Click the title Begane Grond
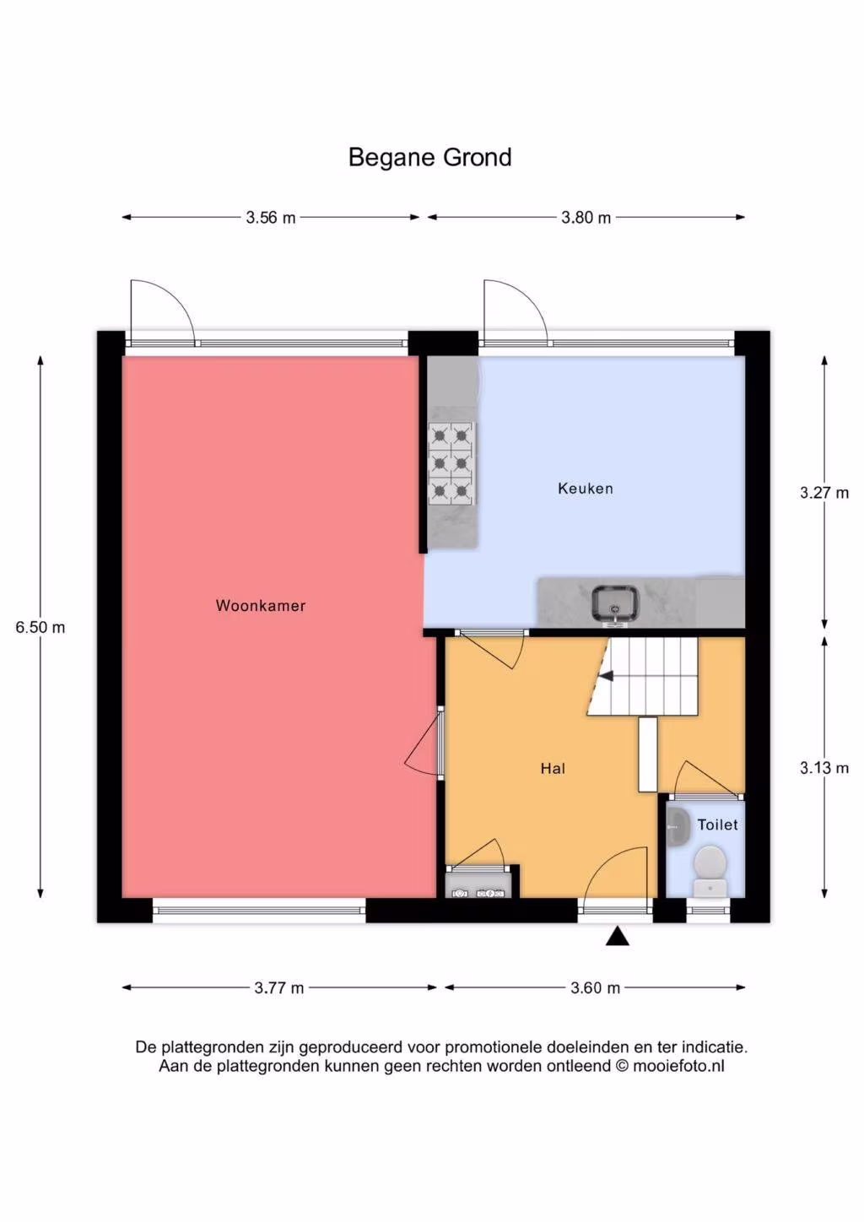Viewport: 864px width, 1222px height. pyautogui.click(x=429, y=158)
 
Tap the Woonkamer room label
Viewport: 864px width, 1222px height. pyautogui.click(x=261, y=606)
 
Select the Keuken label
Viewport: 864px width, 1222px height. pyautogui.click(x=586, y=489)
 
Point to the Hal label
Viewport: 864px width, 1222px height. pyautogui.click(x=553, y=769)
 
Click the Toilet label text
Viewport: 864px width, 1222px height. pyautogui.click(x=717, y=825)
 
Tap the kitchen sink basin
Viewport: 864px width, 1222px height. pyautogui.click(x=615, y=603)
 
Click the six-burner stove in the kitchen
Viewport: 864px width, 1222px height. pyautogui.click(x=451, y=463)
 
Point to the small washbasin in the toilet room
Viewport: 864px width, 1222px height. pyautogui.click(x=678, y=828)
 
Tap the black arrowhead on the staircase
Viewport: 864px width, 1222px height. pyautogui.click(x=606, y=677)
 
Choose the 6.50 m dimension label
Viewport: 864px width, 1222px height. pyautogui.click(x=40, y=627)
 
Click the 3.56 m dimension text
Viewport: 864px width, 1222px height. pyautogui.click(x=271, y=218)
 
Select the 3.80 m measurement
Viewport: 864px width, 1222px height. pyautogui.click(x=586, y=218)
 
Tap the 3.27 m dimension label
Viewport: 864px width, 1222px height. pyautogui.click(x=824, y=493)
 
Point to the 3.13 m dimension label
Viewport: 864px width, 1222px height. pyautogui.click(x=824, y=768)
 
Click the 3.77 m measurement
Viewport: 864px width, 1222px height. pyautogui.click(x=278, y=988)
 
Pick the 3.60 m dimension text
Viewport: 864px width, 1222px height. pyautogui.click(x=595, y=988)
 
